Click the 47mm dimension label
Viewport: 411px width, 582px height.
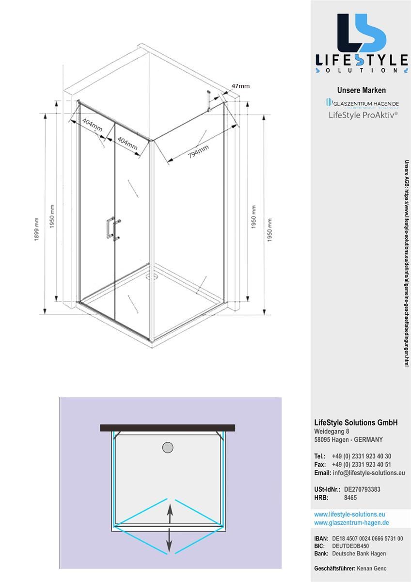[x=240, y=86]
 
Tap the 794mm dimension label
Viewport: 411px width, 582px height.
[x=198, y=152]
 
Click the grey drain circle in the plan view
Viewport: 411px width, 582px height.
[x=167, y=447]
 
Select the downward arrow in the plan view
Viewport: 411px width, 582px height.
[x=169, y=542]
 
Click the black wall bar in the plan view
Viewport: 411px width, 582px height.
[x=167, y=428]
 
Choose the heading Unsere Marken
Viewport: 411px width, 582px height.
[x=361, y=90]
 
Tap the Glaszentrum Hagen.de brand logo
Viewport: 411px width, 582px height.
[x=362, y=103]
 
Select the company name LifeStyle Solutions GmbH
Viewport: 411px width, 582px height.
[x=356, y=423]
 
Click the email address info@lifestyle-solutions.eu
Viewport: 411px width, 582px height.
[x=369, y=473]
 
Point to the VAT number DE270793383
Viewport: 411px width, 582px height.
[x=362, y=489]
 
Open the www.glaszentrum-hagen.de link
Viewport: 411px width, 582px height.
[x=351, y=523]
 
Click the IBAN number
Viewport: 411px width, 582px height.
[x=367, y=539]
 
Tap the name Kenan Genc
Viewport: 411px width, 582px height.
[x=371, y=568]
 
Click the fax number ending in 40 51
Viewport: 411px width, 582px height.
[x=361, y=465]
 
